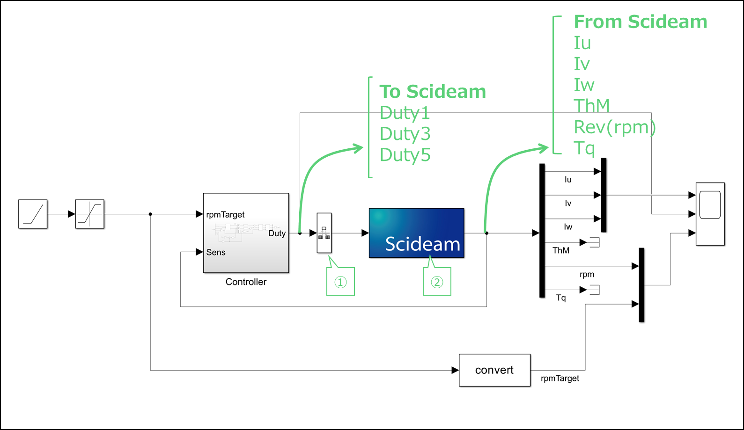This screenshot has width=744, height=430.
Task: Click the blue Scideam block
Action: pos(417,233)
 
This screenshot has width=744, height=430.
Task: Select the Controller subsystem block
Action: pos(246,233)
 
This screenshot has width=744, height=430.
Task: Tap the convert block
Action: pos(494,370)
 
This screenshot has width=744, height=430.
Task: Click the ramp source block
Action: pos(33,214)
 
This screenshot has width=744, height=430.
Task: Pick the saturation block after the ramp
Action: pos(90,214)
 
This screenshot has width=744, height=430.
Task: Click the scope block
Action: pos(710,214)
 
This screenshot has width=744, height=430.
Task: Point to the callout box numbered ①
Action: pos(340,281)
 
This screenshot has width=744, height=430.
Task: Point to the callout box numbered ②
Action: pos(437,281)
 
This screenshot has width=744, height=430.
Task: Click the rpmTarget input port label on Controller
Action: pos(225,215)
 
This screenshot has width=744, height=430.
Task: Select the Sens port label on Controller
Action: pos(216,252)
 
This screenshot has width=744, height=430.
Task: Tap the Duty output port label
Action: pos(277,233)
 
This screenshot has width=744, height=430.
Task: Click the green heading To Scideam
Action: pos(433,92)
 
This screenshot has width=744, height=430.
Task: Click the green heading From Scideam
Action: pos(641,22)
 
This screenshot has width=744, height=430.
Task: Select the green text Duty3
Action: pos(405,134)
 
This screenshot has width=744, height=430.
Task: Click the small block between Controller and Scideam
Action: pos(324,233)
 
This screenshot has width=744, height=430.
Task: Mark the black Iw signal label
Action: pos(568,226)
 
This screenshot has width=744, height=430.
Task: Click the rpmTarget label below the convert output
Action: pos(560,378)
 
